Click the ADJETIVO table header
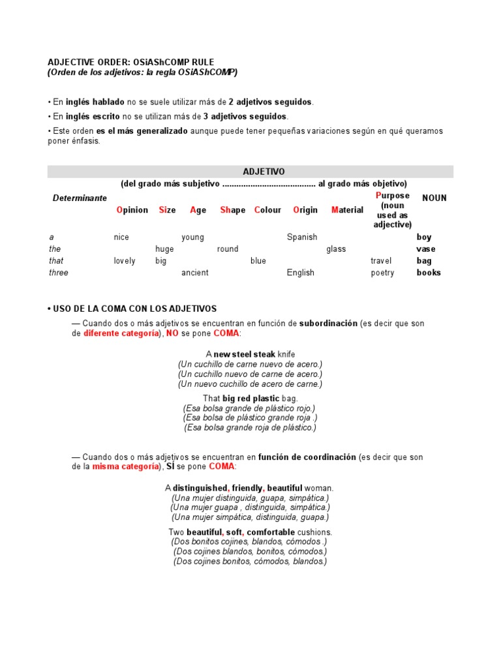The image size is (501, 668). (x=264, y=172)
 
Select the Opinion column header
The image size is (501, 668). (x=132, y=210)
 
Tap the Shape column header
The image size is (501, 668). (x=233, y=210)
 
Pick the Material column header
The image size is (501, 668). (x=347, y=210)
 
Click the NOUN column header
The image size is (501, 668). (x=434, y=198)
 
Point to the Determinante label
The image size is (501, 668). (x=80, y=198)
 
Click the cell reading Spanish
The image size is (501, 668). (x=302, y=237)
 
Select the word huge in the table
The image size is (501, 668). (x=164, y=249)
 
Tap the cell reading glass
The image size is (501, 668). (x=336, y=249)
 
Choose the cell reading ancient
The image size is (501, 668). (x=195, y=273)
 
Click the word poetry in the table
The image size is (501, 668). (x=382, y=273)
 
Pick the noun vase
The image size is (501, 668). (x=426, y=249)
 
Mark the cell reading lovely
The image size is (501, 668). (x=125, y=261)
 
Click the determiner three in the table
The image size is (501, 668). (x=58, y=273)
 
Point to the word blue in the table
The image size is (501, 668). (x=258, y=261)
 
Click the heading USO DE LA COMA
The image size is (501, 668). (x=132, y=309)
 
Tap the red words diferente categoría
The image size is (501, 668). (x=121, y=333)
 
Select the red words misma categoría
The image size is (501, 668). (x=125, y=467)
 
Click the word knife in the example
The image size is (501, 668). (x=286, y=354)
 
